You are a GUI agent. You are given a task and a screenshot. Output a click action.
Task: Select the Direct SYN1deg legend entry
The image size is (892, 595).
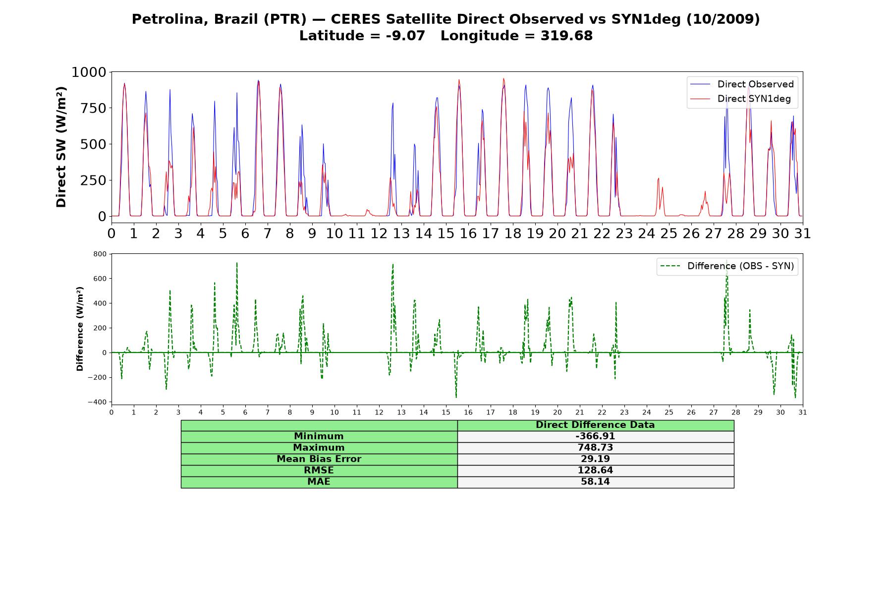(740, 99)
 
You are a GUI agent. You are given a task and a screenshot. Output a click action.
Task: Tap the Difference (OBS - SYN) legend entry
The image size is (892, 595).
(727, 266)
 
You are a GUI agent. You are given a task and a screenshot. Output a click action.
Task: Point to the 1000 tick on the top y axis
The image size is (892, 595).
(89, 72)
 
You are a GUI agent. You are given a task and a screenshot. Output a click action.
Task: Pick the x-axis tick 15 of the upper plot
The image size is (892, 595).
(446, 233)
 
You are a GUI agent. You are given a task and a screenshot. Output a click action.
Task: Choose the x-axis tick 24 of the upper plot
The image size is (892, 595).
(647, 233)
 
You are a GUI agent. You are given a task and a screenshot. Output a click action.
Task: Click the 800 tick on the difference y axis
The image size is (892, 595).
(100, 254)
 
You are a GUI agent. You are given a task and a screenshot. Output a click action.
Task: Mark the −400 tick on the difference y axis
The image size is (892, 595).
(97, 402)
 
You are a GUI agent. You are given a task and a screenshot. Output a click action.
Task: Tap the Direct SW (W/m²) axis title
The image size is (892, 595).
(61, 147)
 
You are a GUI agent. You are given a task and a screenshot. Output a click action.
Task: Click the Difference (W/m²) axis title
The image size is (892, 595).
(80, 329)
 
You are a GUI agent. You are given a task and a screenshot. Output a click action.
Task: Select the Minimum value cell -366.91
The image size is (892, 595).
(595, 436)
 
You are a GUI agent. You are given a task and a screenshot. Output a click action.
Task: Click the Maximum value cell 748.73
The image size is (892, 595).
(595, 448)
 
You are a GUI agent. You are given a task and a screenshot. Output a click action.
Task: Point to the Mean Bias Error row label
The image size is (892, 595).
(319, 459)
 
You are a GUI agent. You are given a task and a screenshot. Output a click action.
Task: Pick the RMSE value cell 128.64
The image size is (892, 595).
(595, 471)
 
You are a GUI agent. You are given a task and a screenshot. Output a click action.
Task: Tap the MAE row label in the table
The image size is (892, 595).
(319, 482)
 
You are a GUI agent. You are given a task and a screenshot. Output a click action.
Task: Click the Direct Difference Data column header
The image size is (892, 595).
(595, 425)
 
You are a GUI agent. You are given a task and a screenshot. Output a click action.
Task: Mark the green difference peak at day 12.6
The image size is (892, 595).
(392, 264)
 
